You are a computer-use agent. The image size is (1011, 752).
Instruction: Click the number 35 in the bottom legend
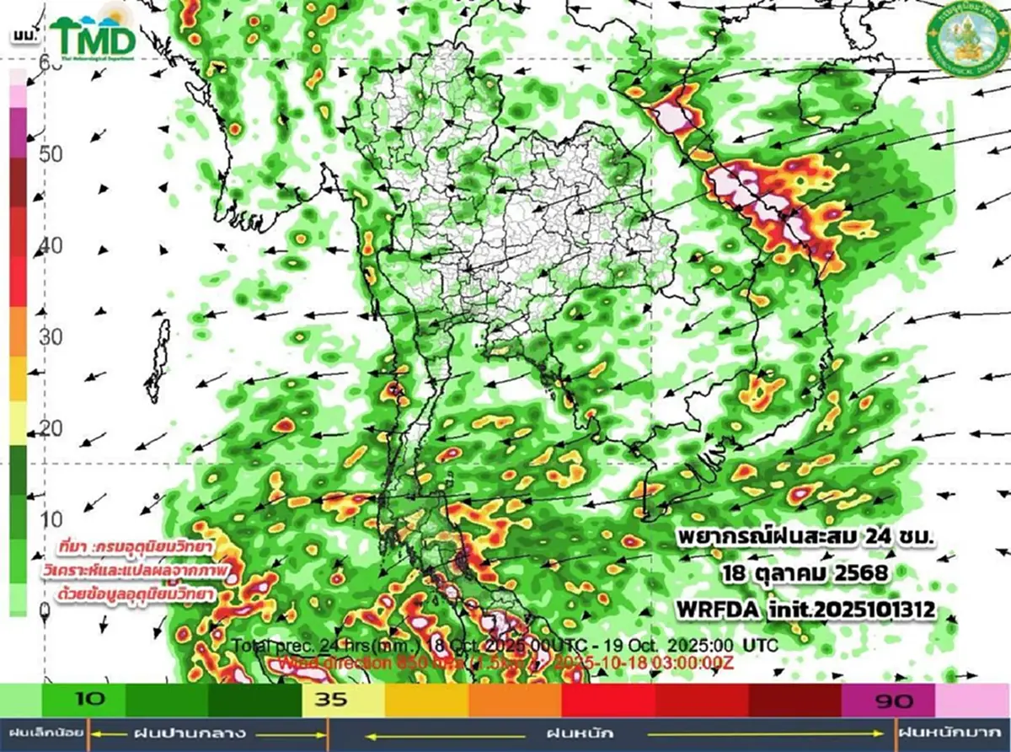click(x=330, y=700)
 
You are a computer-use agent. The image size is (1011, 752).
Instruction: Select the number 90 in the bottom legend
click(x=888, y=700)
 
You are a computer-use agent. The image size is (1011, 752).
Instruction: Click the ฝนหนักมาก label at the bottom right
click(x=952, y=733)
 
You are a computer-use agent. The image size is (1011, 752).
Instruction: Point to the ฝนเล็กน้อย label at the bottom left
click(x=43, y=733)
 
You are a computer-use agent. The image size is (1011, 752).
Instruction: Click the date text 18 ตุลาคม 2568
click(x=804, y=574)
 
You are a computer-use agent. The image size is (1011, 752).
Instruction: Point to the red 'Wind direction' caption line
click(x=505, y=663)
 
